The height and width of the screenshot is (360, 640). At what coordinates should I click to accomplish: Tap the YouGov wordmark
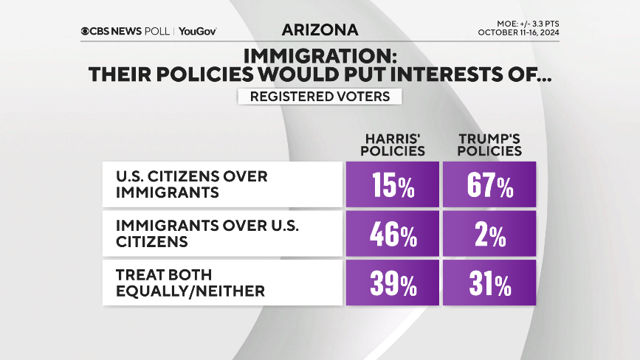[198, 31]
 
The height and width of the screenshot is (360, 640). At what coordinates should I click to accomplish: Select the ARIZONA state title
[320, 30]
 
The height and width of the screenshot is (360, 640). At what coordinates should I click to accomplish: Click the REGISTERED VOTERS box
[320, 97]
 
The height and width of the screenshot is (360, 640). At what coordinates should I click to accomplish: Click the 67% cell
[489, 184]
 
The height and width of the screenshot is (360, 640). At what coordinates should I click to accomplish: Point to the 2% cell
[489, 234]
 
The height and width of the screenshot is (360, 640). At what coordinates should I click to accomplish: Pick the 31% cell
[489, 283]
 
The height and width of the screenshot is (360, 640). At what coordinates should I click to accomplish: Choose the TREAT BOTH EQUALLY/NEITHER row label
[190, 283]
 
